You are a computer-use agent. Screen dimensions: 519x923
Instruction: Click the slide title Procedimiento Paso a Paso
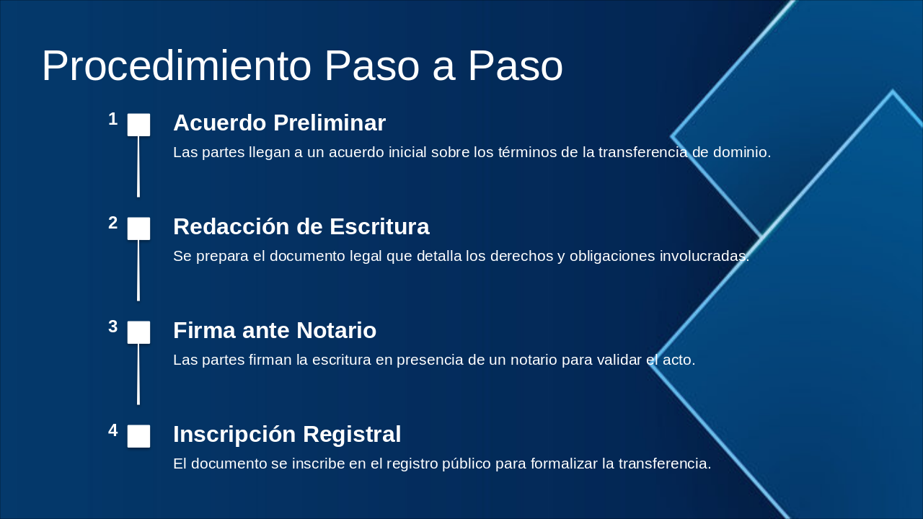point(302,66)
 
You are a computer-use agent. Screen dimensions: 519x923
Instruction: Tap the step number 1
point(113,120)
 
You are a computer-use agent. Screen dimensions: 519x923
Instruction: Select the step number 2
point(113,223)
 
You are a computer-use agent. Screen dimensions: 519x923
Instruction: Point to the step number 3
point(113,327)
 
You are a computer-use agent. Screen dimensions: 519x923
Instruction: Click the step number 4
point(113,431)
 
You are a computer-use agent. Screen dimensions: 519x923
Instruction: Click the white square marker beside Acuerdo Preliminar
point(139,125)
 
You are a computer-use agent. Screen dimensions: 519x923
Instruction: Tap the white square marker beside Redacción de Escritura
point(139,229)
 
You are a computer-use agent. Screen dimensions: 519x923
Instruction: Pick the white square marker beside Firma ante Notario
point(139,332)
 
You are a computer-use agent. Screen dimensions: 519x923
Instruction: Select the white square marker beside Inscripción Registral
point(139,436)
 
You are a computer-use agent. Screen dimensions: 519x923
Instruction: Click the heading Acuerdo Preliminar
point(279,123)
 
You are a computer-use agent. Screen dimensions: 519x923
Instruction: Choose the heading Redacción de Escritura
point(301,227)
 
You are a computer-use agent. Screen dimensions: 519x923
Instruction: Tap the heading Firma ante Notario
point(275,331)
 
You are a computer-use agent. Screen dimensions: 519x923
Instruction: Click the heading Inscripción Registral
point(287,435)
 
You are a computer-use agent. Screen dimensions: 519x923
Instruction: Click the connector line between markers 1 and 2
point(138,167)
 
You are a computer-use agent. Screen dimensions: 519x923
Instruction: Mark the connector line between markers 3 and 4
point(138,374)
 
